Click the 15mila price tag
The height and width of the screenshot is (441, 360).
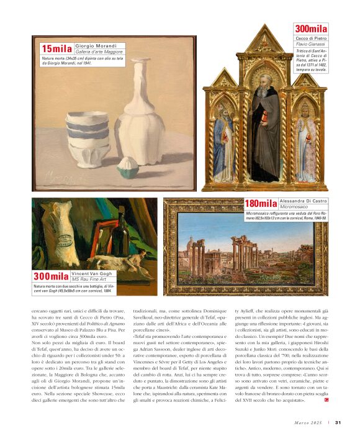pos(56,49)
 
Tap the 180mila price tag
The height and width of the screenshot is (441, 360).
pos(260,204)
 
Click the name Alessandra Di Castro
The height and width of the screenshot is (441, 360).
pos(303,201)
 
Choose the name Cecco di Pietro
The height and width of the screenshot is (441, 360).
pos(310,39)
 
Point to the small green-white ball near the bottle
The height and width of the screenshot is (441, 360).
pos(127,167)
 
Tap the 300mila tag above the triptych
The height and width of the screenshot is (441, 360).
pos(310,29)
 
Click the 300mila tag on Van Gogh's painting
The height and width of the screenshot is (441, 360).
pos(51,276)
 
